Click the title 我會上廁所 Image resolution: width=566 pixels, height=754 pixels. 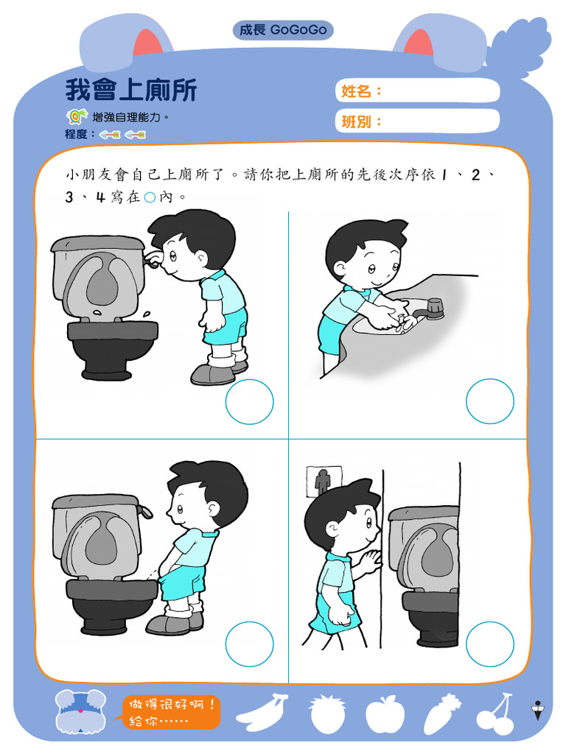pyautogui.click(x=131, y=91)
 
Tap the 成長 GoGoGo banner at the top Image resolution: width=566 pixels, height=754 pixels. pyautogui.click(x=283, y=30)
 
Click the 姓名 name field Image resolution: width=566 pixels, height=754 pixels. pyautogui.click(x=418, y=91)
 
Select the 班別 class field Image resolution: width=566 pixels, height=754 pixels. pyautogui.click(x=418, y=121)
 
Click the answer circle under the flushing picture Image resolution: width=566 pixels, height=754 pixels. pyautogui.click(x=249, y=402)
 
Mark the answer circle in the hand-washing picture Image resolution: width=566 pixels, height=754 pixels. pyautogui.click(x=489, y=401)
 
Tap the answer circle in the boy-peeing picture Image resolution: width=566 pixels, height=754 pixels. pyautogui.click(x=249, y=644)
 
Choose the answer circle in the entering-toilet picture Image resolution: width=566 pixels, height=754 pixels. pyautogui.click(x=489, y=644)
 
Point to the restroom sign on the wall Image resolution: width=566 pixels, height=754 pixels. pyautogui.click(x=323, y=481)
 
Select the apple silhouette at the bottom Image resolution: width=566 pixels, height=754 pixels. pyautogui.click(x=384, y=714)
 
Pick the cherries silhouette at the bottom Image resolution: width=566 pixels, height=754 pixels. pyautogui.click(x=495, y=714)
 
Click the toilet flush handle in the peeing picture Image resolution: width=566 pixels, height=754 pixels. pyautogui.click(x=146, y=510)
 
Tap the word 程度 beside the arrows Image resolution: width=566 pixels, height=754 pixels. pyautogui.click(x=80, y=134)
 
